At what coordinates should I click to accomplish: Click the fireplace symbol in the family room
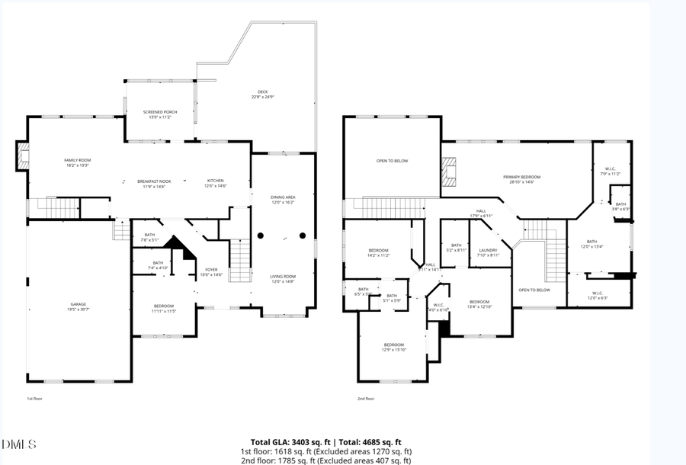point(24,157)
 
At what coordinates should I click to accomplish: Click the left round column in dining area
point(261,236)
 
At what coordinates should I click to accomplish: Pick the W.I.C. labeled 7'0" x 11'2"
point(611,172)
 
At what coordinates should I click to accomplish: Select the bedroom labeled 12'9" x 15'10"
point(393,347)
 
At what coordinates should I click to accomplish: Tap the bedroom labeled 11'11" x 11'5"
point(163,309)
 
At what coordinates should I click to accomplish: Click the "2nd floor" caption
point(365,399)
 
